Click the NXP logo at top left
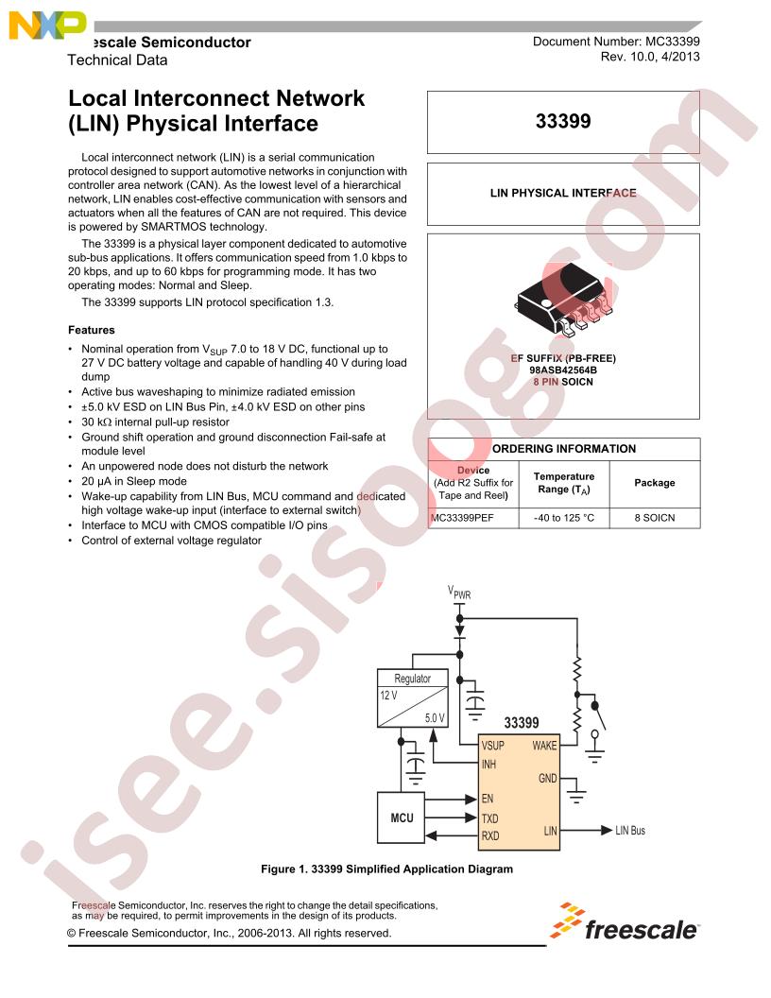click(x=47, y=26)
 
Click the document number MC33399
click(x=673, y=42)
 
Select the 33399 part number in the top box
click(x=563, y=121)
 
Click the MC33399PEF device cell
click(x=462, y=518)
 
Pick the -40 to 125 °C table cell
click(x=564, y=518)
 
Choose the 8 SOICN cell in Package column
click(x=655, y=518)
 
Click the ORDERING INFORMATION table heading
click(x=564, y=449)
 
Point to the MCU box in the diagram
click(x=402, y=817)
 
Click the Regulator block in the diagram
click(x=413, y=698)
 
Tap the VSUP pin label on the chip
click(x=492, y=746)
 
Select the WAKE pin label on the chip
click(x=544, y=746)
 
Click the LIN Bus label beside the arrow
click(x=630, y=831)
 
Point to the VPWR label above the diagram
click(x=458, y=593)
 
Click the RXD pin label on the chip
click(x=489, y=835)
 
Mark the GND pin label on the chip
click(x=548, y=779)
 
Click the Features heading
click(x=92, y=331)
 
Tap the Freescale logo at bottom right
click(x=624, y=921)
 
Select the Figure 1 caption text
click(x=386, y=869)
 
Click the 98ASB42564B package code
click(x=563, y=370)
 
